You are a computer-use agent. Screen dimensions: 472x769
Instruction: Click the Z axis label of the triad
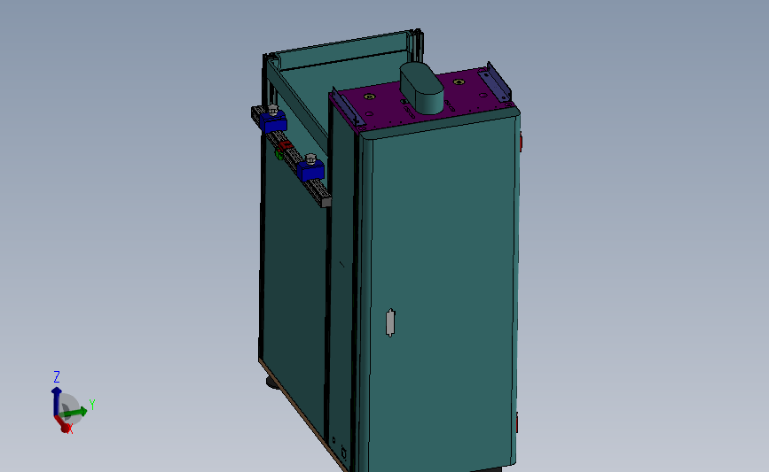point(57,376)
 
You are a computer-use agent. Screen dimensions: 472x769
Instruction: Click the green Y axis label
point(92,405)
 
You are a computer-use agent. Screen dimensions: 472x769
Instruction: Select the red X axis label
point(69,429)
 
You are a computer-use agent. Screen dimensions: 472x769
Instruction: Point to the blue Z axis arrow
point(57,394)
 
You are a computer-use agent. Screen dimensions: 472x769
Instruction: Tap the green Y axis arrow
point(78,411)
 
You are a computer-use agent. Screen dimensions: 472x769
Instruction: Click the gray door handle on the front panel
point(389,322)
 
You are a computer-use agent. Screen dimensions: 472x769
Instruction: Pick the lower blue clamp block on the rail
point(311,170)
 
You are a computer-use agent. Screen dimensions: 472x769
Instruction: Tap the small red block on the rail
point(286,145)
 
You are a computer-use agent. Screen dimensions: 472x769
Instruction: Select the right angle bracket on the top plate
point(497,83)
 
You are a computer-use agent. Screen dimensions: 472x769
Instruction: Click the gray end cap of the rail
point(326,202)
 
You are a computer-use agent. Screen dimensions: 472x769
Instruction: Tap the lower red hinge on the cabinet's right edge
point(517,420)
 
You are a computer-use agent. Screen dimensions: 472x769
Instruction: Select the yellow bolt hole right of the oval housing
point(459,82)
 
